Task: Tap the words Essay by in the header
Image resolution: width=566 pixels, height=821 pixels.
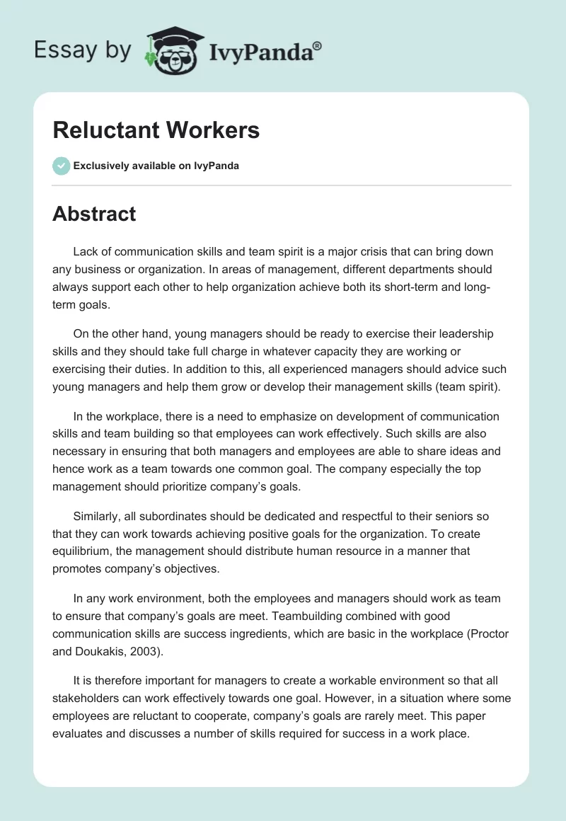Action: pyautogui.click(x=83, y=50)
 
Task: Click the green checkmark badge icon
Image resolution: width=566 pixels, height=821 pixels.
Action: pyautogui.click(x=61, y=166)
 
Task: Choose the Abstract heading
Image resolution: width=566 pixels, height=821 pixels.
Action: pyautogui.click(x=94, y=214)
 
